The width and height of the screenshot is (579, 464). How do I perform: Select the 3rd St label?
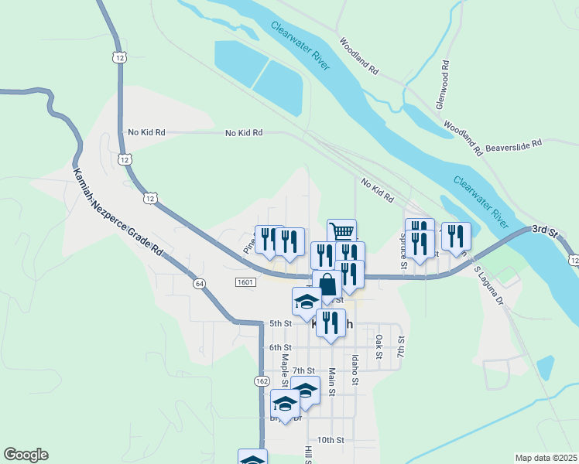point(544,230)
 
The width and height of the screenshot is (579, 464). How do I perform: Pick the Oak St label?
point(379,346)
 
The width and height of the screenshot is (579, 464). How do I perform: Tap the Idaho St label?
point(355,370)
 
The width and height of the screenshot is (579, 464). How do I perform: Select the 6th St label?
point(279,347)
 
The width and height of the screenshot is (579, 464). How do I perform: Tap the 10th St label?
point(330,440)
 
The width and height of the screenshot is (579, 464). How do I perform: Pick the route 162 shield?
point(260,381)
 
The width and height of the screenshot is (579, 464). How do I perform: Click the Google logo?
point(26,455)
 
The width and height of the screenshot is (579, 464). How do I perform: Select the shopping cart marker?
point(341,230)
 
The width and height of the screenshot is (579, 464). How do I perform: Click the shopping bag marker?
point(327,284)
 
